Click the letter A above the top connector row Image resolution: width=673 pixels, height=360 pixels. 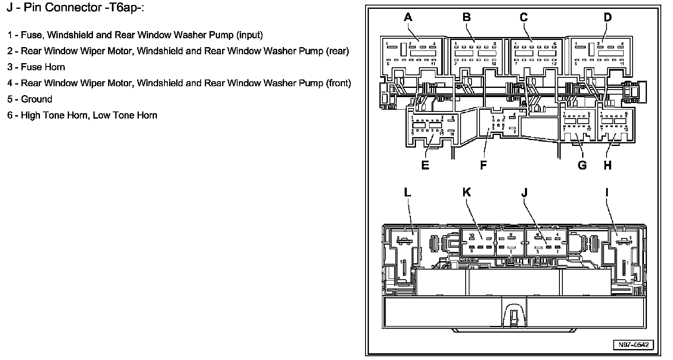408,17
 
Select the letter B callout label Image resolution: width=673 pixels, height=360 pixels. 466,17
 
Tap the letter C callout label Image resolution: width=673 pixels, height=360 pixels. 523,17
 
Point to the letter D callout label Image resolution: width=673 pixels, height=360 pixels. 607,17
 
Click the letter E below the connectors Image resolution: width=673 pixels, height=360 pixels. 425,165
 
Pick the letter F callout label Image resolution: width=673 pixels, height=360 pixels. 483,165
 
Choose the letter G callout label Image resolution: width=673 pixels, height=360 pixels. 582,165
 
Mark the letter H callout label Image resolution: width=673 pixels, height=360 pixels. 607,165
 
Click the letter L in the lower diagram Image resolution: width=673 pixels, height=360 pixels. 407,192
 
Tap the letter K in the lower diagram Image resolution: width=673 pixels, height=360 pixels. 466,192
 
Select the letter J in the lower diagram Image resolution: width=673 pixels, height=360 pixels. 524,192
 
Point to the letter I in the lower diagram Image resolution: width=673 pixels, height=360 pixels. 607,192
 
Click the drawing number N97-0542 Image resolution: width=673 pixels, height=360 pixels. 633,345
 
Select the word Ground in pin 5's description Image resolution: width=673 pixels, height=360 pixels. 37,99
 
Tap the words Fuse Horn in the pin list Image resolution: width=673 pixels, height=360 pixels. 43,67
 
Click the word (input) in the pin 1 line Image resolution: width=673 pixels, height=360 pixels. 249,35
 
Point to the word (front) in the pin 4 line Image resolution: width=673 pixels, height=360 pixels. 339,83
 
